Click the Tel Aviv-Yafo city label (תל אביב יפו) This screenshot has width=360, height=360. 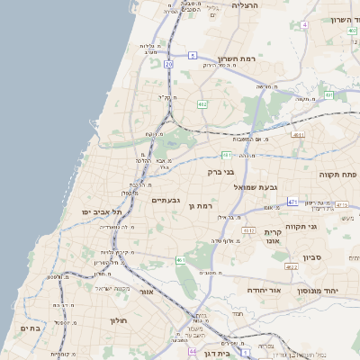click(x=101, y=211)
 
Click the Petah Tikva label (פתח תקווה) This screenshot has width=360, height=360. click(x=337, y=174)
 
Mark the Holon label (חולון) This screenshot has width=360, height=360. click(x=120, y=320)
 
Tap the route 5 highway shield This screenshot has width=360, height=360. click(x=193, y=56)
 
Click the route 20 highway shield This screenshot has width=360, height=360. click(x=168, y=64)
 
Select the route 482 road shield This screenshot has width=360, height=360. click(x=202, y=104)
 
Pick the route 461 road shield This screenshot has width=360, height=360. click(x=181, y=260)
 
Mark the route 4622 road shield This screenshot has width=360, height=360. click(x=291, y=266)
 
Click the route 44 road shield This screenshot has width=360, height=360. click(x=193, y=351)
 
